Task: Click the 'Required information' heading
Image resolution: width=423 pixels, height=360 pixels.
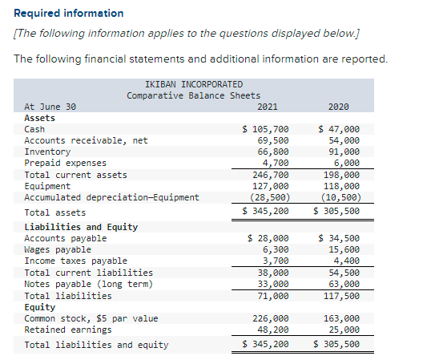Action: (x=69, y=13)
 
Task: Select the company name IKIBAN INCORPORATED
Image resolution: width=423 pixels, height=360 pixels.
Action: (x=194, y=83)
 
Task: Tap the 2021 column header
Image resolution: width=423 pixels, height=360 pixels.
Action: (x=268, y=107)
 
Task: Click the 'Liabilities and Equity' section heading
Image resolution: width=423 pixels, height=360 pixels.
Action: (x=81, y=227)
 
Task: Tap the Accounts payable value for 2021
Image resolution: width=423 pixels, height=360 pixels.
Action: (x=268, y=238)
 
